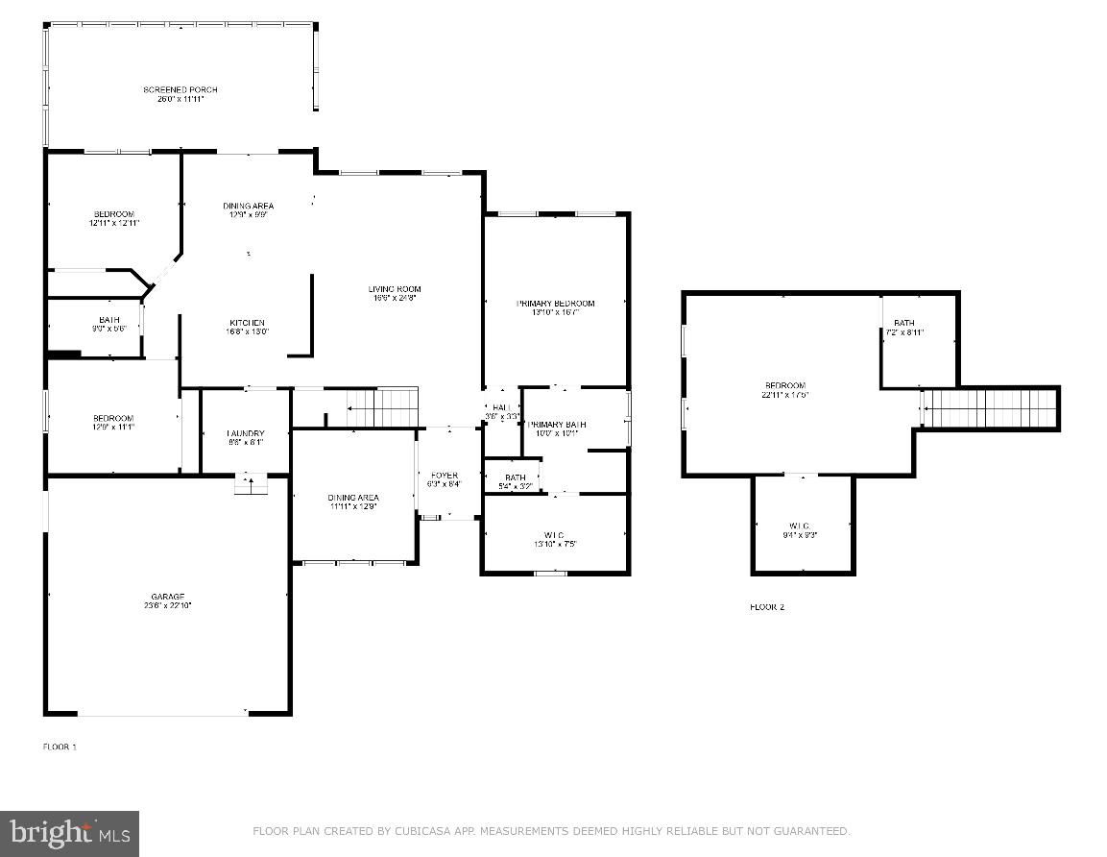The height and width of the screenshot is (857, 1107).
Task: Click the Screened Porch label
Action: tap(180, 90)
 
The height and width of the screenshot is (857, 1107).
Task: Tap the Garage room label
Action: tap(167, 597)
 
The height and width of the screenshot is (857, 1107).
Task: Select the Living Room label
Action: tap(395, 289)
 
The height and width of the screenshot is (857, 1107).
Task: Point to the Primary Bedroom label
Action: tap(555, 304)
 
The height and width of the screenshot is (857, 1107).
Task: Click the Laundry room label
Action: tap(245, 433)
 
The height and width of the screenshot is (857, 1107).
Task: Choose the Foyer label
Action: tap(444, 476)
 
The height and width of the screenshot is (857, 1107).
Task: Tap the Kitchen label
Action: tap(247, 323)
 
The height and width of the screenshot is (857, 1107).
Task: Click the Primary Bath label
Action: tap(557, 425)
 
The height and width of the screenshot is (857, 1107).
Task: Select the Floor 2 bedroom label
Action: tap(784, 385)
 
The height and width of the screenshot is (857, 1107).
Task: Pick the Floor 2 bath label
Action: tap(903, 323)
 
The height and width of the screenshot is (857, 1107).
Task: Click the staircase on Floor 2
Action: tap(989, 408)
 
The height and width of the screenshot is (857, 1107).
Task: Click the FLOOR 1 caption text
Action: tap(60, 747)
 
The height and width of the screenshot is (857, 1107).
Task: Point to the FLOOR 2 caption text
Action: tap(766, 607)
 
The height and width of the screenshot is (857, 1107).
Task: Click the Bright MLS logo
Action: tap(69, 832)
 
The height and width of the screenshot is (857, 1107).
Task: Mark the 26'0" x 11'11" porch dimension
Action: tap(180, 99)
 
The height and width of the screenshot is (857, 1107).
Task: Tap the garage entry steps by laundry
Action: tap(251, 484)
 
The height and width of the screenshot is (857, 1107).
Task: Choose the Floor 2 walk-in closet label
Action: tap(800, 526)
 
